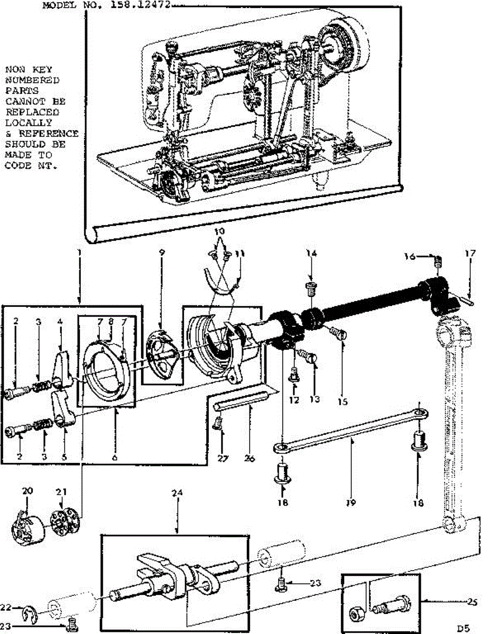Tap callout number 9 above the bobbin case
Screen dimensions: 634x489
click(x=162, y=253)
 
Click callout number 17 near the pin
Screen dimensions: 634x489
click(x=470, y=254)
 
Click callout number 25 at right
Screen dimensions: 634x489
click(x=472, y=601)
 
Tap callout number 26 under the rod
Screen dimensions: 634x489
click(x=250, y=459)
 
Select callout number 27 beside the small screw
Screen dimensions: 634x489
click(x=222, y=459)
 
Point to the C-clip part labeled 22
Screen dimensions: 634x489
click(x=31, y=614)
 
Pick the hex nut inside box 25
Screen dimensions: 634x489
click(x=354, y=614)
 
